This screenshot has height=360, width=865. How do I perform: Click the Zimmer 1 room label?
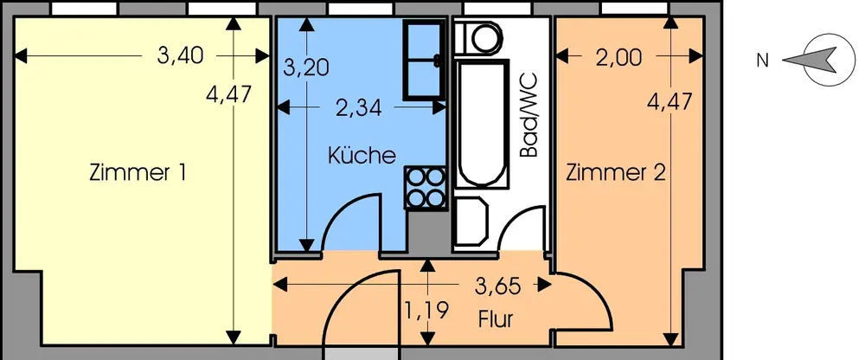(x=138, y=172)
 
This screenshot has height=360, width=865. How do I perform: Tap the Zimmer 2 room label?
(x=616, y=173)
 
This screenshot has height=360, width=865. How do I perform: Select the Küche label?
(x=362, y=157)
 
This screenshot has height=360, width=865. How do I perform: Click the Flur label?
(x=496, y=319)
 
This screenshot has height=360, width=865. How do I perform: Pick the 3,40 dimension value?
(x=180, y=57)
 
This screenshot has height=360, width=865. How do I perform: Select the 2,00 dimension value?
(x=618, y=58)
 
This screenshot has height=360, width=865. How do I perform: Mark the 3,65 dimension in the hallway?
(x=496, y=284)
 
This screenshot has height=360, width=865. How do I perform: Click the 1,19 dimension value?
(x=426, y=310)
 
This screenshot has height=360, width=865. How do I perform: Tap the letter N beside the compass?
(x=762, y=61)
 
